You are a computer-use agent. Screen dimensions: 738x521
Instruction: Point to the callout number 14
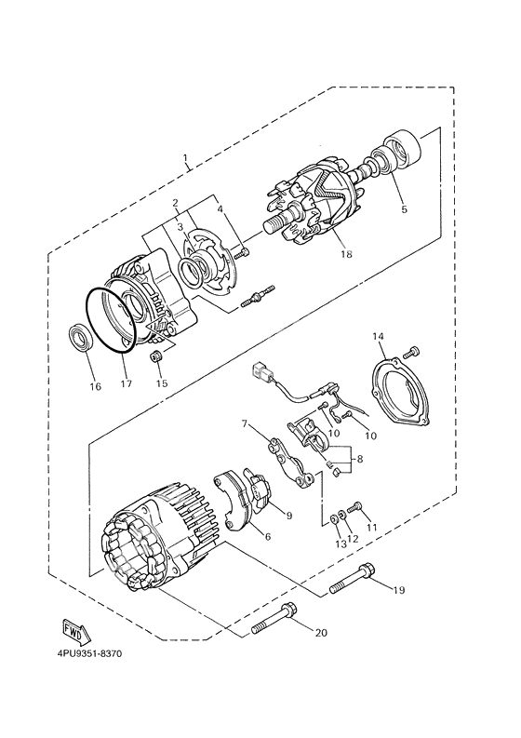(379, 336)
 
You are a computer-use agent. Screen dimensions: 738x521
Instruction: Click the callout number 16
(93, 386)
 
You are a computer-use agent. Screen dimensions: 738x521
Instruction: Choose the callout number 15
(161, 384)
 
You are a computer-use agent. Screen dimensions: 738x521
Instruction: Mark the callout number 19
(398, 589)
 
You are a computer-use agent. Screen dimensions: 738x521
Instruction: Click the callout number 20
(321, 634)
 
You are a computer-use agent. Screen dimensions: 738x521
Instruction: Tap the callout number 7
(246, 423)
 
